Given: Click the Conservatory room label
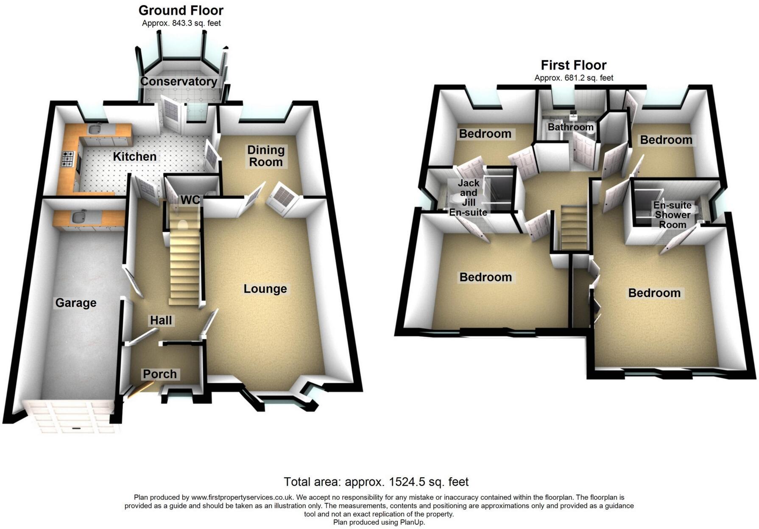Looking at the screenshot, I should click(179, 81).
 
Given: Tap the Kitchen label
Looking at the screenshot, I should click(134, 156).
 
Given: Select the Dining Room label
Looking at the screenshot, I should click(265, 156).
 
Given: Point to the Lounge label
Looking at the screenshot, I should click(265, 289).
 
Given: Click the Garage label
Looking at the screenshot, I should click(76, 303).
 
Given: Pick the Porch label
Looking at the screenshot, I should click(159, 374).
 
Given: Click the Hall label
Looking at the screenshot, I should click(161, 320).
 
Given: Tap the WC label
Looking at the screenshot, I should click(190, 200).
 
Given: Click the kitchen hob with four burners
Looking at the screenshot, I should click(68, 159).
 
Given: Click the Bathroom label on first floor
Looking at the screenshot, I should click(570, 127).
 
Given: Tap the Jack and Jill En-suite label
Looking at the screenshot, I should click(468, 198).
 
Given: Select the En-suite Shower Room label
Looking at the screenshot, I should click(672, 214).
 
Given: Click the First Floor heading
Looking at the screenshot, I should click(573, 65).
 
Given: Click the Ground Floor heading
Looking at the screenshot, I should click(181, 10).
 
